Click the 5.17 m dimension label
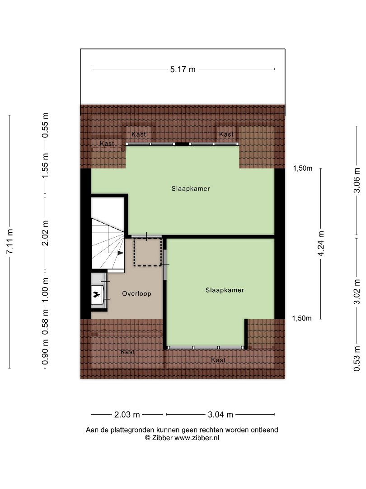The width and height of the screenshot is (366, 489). pos(183,69)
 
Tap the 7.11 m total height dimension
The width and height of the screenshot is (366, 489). pos(9,241)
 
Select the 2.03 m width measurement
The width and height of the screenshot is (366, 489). pos(127,414)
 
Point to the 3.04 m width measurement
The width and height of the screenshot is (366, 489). pos(221,414)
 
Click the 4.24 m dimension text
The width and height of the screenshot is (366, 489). pos(321,244)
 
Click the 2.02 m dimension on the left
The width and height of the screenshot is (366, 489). pos(46,233)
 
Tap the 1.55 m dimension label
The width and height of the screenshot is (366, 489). pos(46,165)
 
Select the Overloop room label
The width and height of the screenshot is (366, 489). pos(136,293)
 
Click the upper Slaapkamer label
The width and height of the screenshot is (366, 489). pos(191,188)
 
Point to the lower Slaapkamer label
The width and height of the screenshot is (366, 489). pos(225,290)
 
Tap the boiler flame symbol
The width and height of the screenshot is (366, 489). pos(97,294)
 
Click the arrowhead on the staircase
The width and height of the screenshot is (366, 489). pos(121,253)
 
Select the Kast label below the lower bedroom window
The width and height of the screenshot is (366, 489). pos(218,360)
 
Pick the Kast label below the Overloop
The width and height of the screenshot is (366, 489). pos(127,352)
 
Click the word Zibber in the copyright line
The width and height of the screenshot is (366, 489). pos(162,438)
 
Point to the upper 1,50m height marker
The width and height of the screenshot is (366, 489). pos(302,168)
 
